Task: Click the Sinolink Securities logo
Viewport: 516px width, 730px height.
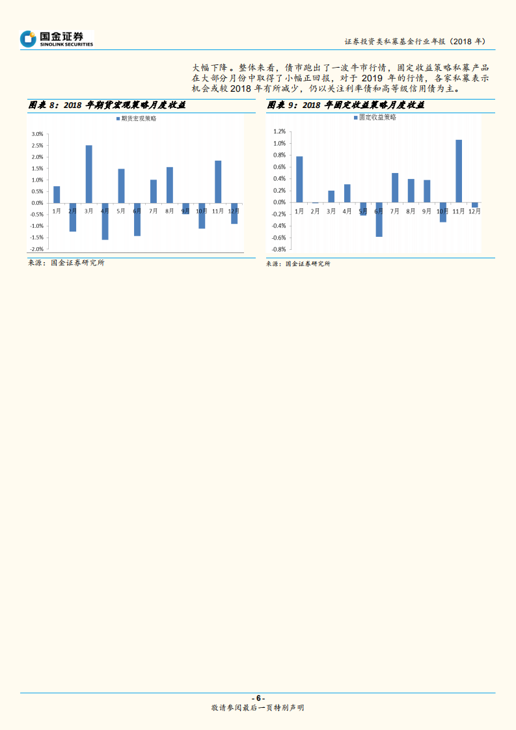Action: (x=57, y=38)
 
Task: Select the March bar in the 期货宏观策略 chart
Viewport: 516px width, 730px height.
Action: (x=88, y=174)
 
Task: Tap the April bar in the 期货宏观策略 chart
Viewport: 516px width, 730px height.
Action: (x=105, y=221)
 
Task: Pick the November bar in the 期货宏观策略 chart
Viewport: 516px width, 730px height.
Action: (x=218, y=182)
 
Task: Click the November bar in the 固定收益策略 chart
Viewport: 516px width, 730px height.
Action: (x=459, y=171)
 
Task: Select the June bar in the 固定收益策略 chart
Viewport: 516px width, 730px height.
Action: (x=379, y=219)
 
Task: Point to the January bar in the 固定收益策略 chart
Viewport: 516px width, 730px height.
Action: (x=299, y=179)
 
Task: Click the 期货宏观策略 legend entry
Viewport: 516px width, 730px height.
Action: (x=136, y=118)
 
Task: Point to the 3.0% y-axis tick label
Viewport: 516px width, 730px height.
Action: (x=37, y=134)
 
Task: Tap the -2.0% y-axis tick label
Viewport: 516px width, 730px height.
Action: (x=36, y=249)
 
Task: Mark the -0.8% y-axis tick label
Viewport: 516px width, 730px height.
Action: (x=278, y=249)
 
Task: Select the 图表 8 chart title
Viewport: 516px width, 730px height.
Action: (x=107, y=105)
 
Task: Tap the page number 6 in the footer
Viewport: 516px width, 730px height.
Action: (x=258, y=698)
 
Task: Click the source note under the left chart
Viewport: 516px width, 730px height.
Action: (x=66, y=263)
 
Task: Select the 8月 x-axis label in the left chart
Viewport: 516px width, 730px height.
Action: (x=170, y=211)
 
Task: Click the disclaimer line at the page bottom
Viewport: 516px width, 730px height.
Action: (x=258, y=708)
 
